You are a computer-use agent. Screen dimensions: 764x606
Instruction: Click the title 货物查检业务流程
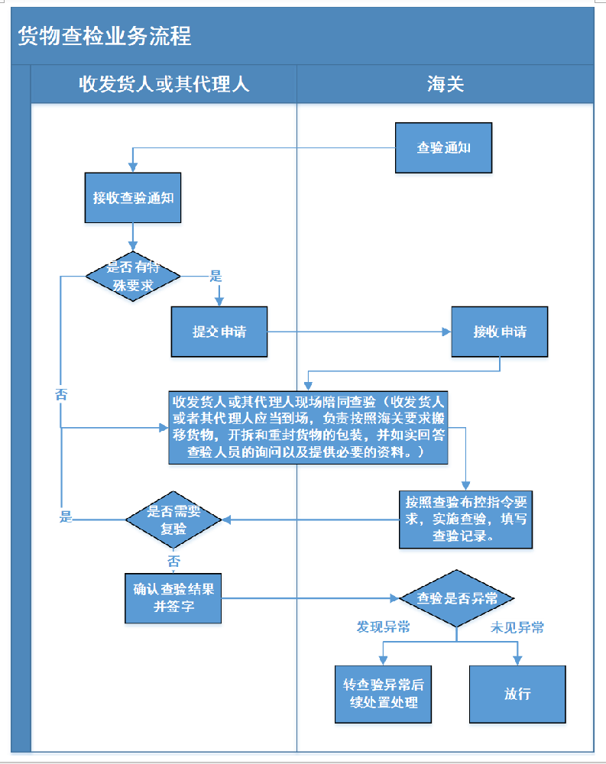pos(105,36)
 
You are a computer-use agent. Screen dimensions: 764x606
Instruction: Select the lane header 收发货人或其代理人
pos(164,84)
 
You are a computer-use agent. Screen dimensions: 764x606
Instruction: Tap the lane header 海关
pos(446,84)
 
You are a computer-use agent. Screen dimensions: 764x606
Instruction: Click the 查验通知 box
pos(443,148)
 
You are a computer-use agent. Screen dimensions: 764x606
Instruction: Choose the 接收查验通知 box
pos(133,197)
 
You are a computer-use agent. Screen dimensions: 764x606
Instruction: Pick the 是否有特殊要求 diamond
pos(133,277)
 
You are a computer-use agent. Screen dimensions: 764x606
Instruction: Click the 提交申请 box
pos(219,332)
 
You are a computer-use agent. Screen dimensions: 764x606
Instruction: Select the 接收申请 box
pos(499,332)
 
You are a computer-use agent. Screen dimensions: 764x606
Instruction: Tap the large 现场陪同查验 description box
pos(308,427)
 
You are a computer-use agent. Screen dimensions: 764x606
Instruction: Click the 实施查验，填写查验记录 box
pos(466,519)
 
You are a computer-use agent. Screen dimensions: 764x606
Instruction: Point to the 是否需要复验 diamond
pos(173,520)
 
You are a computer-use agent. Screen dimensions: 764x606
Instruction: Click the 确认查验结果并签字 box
pos(173,597)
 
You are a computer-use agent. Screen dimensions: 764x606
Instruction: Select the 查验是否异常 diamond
pos(456,598)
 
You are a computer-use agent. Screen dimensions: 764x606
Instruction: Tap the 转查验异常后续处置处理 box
pos(383,694)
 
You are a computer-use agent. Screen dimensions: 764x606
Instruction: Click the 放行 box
pos(517,694)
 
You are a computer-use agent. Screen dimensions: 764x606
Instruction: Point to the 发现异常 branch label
pos(383,627)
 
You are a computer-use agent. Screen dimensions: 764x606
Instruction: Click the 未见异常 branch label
pos(517,627)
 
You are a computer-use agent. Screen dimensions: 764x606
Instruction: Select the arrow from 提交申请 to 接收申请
pos(359,332)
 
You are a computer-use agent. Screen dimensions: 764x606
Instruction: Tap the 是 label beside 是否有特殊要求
pos(216,276)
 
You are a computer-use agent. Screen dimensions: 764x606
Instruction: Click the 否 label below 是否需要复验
pos(174,561)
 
